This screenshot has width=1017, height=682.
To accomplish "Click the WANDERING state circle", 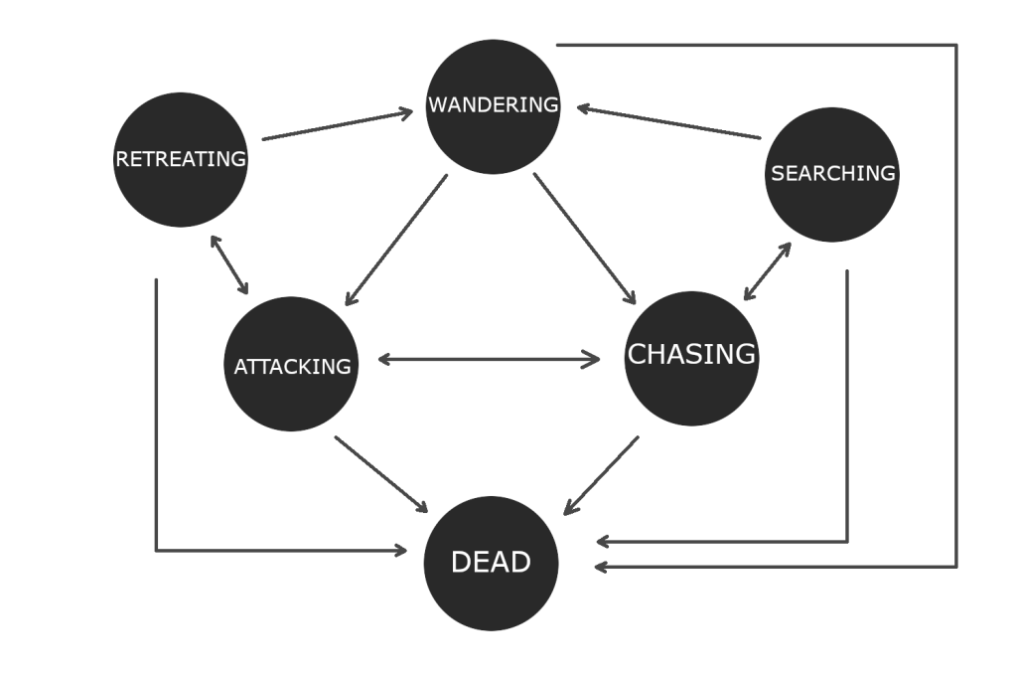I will (x=493, y=106).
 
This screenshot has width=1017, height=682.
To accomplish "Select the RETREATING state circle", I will (x=181, y=160).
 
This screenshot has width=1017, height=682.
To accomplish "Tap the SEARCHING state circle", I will (x=832, y=174).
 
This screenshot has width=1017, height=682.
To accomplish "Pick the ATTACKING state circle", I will (x=292, y=365).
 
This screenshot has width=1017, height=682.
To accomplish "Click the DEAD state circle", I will (x=491, y=563).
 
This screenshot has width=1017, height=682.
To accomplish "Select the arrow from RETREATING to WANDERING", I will (x=338, y=126).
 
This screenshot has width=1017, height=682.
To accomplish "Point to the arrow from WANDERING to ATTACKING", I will (x=395, y=240).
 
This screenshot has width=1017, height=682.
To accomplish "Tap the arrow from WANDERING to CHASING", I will (x=585, y=239).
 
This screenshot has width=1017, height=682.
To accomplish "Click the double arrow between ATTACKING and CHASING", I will (x=489, y=360).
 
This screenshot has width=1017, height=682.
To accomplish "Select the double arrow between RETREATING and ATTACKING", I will (x=229, y=265).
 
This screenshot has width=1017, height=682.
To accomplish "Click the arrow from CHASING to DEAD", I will (x=601, y=475).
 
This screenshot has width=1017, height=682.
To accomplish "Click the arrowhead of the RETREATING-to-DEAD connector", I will (x=400, y=550).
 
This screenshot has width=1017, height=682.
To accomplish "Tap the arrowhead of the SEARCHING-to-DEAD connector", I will (x=604, y=543).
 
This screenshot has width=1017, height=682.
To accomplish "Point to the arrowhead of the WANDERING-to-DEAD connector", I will (x=603, y=568).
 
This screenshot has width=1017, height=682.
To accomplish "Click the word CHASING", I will (x=691, y=354).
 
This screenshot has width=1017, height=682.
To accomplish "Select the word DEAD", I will (x=491, y=563).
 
